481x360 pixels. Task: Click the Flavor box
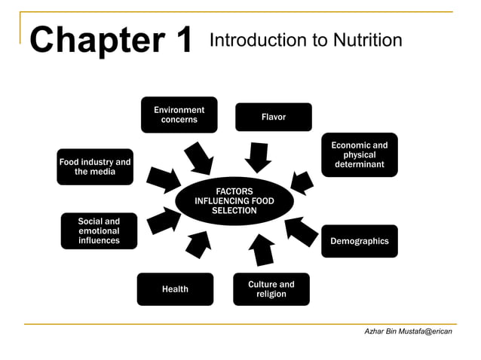coord(273,117)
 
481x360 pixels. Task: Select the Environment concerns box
coord(179,114)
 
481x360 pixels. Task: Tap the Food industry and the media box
coord(95,167)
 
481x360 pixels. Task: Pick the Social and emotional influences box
coord(99,231)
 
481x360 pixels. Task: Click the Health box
coord(175,289)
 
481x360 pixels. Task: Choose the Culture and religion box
coord(271,289)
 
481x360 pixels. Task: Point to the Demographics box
coord(360,241)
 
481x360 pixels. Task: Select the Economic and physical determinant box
coord(360,154)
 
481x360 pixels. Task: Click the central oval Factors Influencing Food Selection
coord(234,201)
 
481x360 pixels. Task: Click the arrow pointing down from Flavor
coord(258,157)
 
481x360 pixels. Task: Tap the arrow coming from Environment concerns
coord(200,157)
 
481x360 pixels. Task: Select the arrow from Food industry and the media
coord(161,179)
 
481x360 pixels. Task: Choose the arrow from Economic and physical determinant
coord(302,182)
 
